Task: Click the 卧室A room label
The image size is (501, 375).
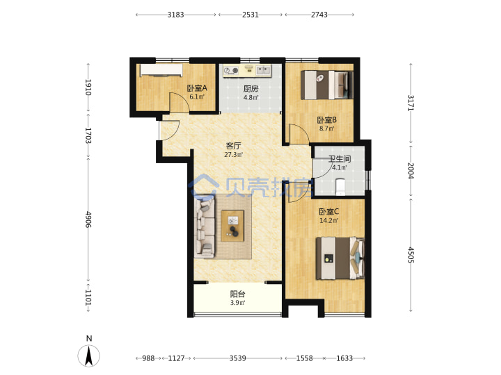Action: [197, 87]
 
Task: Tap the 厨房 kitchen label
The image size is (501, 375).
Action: [250, 89]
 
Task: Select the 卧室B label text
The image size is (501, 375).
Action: [326, 120]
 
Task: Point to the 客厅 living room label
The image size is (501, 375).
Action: [233, 146]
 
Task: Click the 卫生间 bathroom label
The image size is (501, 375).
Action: [340, 159]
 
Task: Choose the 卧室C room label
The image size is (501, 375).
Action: [328, 212]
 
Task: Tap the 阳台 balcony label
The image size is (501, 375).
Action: [237, 294]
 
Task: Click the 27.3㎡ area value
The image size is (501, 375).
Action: [233, 155]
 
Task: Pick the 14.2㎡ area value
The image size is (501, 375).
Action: [328, 221]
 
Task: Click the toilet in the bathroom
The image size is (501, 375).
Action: [340, 187]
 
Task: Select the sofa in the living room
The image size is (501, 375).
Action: [205, 227]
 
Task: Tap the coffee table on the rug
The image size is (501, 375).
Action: [232, 226]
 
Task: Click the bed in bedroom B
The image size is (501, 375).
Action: [327, 85]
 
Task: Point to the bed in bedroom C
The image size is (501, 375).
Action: [340, 258]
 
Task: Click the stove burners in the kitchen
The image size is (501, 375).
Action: [231, 70]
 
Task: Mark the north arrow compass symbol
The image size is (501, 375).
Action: [89, 355]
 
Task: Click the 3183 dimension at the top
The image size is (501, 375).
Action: [176, 15]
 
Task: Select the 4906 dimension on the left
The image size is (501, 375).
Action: [88, 219]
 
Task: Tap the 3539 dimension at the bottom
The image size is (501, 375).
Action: [238, 358]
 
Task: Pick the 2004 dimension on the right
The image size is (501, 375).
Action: [411, 171]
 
